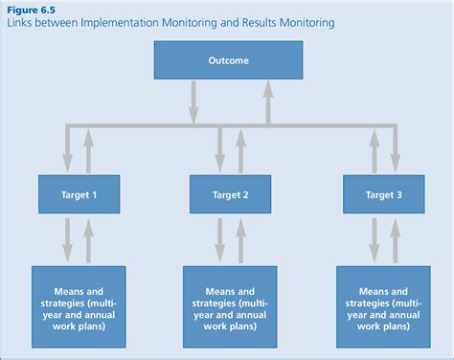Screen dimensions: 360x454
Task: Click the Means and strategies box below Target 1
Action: (75, 305)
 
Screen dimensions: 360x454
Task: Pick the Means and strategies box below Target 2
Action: (230, 305)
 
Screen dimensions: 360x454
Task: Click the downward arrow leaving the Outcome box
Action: (193, 101)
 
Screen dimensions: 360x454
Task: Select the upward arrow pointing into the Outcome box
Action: (266, 101)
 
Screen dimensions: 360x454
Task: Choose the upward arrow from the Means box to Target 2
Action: (240, 239)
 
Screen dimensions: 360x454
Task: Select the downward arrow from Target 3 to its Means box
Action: (374, 239)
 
